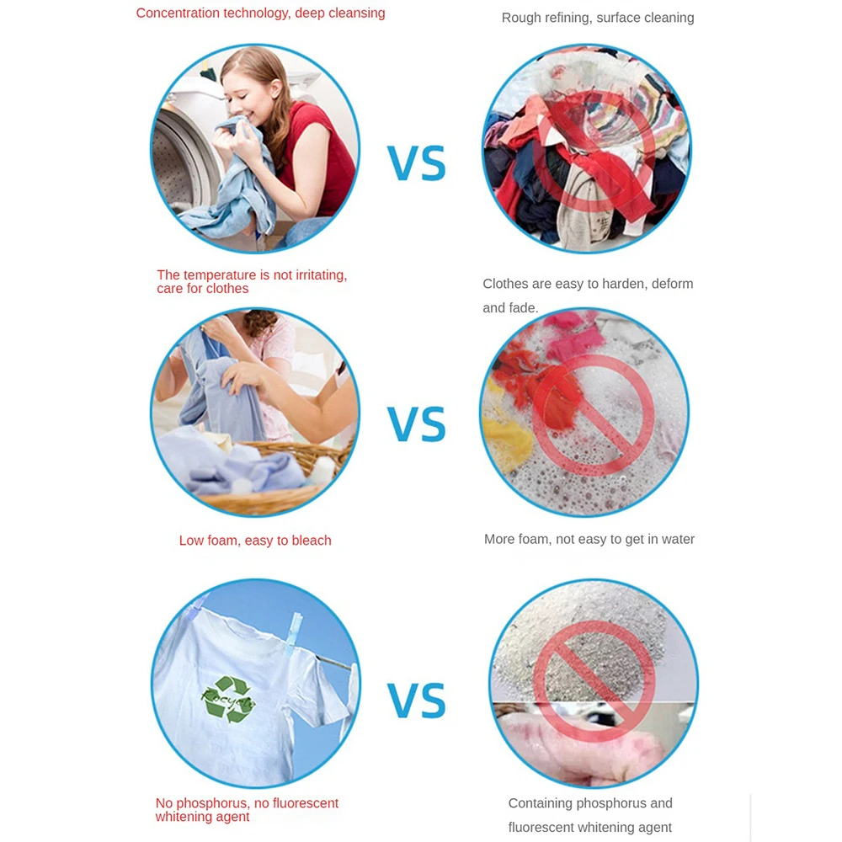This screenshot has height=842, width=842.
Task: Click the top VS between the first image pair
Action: [417, 163]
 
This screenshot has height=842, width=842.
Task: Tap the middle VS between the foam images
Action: [417, 424]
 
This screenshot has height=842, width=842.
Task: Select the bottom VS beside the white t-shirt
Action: [417, 701]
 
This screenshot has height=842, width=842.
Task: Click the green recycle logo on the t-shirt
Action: [228, 699]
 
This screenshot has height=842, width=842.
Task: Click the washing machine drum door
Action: [180, 161]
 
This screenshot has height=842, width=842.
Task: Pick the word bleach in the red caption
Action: [312, 541]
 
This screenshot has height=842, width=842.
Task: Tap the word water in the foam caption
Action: [677, 539]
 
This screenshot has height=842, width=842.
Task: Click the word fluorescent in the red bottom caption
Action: [306, 803]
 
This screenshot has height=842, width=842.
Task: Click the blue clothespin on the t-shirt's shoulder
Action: [293, 634]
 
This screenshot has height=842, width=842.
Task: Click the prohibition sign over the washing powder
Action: [594, 681]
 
